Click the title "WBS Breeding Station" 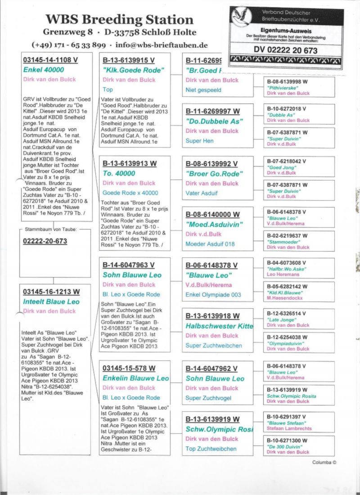point(119,20)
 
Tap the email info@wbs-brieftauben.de point(161,45)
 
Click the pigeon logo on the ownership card point(241,17)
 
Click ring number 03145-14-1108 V point(49,60)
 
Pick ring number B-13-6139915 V point(129,60)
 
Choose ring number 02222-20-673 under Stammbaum point(45,242)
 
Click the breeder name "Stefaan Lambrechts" point(289,428)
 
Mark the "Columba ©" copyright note point(324,462)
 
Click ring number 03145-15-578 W point(129,368)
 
